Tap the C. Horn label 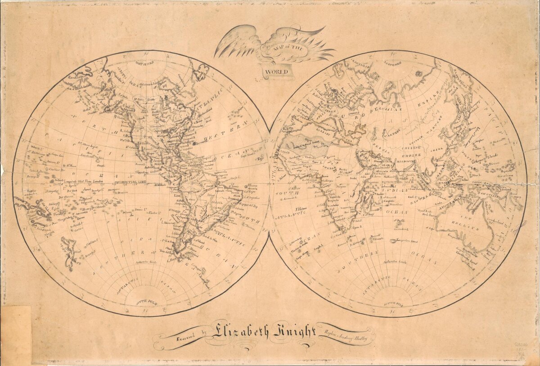point(174,259)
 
